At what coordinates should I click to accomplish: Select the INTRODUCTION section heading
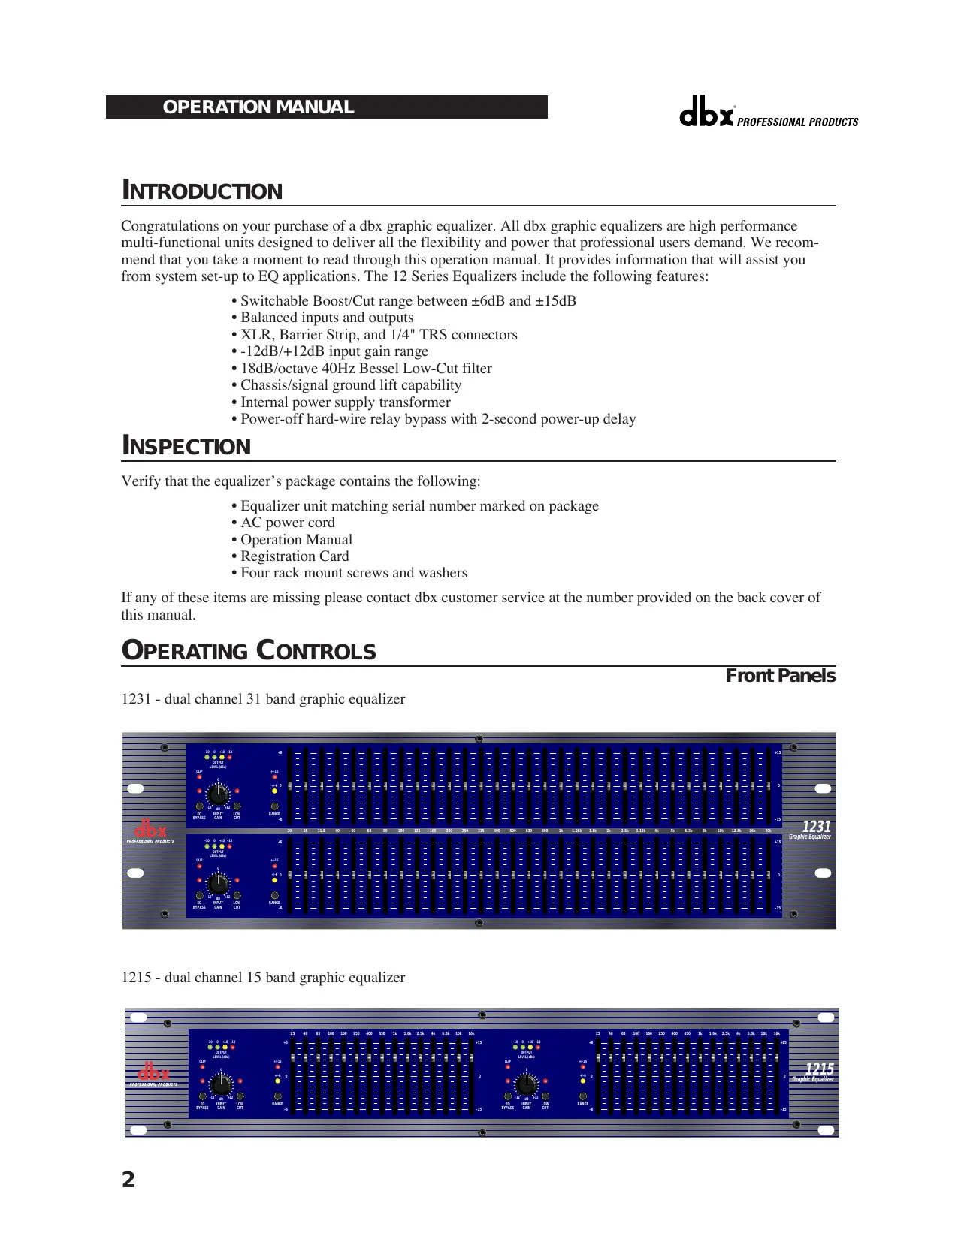[x=202, y=191]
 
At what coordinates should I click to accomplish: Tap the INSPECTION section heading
[x=186, y=446]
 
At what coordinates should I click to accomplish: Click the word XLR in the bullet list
[x=256, y=335]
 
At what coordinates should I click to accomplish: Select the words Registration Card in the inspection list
[x=295, y=556]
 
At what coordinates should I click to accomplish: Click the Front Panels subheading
[x=780, y=676]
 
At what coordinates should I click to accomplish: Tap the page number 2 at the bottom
[x=128, y=1180]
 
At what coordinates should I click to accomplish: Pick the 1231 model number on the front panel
[x=816, y=827]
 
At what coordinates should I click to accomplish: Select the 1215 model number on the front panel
[x=819, y=1069]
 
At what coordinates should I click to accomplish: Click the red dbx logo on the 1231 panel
[x=151, y=830]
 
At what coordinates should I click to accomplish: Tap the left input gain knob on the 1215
[x=221, y=1084]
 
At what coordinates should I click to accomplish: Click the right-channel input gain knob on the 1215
[x=527, y=1084]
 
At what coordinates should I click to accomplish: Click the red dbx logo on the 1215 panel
[x=153, y=1072]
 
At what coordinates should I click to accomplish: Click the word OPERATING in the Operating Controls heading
[x=186, y=651]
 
